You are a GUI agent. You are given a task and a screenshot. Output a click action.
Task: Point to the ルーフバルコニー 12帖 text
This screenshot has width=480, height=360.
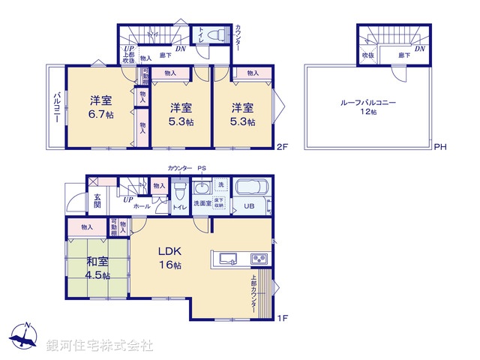[367, 106]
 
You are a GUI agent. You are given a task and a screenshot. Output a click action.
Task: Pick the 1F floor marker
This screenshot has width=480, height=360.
[281, 318]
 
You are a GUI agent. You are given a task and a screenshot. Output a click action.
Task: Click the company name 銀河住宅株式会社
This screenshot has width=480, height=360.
[100, 345]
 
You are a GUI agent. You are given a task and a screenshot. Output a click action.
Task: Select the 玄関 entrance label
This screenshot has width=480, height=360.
[97, 202]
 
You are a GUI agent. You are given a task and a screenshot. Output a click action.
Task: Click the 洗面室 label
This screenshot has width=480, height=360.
[201, 203]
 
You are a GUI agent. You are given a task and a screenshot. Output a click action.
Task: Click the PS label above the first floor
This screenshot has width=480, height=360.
[201, 169]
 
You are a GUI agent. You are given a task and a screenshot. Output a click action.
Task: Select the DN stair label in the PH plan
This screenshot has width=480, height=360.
[419, 49]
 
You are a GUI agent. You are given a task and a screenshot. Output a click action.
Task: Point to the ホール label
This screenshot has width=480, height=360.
[141, 205]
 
